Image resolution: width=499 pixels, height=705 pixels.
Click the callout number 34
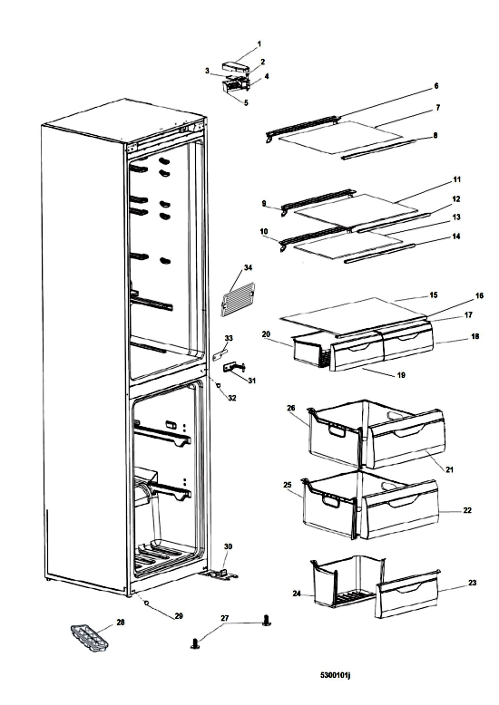(x=249, y=267)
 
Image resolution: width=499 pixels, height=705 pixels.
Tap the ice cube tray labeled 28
(x=89, y=636)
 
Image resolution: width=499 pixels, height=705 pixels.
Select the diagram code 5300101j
(x=335, y=675)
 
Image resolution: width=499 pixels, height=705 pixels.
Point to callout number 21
(x=449, y=470)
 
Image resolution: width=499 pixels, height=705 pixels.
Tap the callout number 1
(x=259, y=44)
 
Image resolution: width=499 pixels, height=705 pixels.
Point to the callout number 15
(x=434, y=295)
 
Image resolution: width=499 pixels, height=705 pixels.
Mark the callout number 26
(x=291, y=408)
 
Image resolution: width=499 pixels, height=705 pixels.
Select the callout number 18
(x=475, y=336)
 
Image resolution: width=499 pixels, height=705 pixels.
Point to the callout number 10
(x=264, y=232)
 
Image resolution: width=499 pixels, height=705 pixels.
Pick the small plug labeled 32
(x=218, y=385)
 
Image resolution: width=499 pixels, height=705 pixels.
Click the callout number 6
(x=436, y=86)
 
